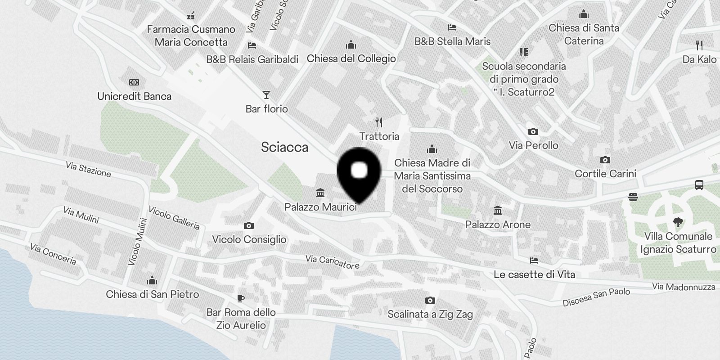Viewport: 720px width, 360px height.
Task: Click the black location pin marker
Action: tap(359, 174)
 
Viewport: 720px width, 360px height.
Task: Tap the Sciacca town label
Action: tap(284, 147)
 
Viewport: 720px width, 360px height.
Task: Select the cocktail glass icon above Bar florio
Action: tap(266, 95)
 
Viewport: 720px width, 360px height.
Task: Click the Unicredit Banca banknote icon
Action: tap(134, 82)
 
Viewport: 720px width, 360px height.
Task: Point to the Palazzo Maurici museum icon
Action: tap(320, 193)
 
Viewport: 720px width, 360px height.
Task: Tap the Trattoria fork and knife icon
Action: tap(379, 122)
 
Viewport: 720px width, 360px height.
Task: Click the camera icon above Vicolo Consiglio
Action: tap(248, 225)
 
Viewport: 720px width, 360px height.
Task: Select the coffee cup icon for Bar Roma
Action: tap(241, 298)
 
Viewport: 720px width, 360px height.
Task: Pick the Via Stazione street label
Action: tap(88, 169)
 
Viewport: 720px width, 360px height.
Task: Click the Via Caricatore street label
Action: tap(332, 261)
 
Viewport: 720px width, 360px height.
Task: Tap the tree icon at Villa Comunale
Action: tap(678, 222)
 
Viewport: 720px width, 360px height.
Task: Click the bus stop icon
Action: tap(699, 184)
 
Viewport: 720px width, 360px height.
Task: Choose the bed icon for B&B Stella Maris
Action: tap(452, 27)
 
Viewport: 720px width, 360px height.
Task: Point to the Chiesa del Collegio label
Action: tap(351, 58)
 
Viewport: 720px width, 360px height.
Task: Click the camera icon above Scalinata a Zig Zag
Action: tap(430, 300)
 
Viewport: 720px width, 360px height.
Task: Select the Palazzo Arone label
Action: tap(498, 224)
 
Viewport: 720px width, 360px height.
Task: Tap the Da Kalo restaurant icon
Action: tap(699, 45)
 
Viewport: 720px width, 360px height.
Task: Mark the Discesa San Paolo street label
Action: tap(596, 297)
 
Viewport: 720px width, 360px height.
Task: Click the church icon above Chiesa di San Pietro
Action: tap(152, 281)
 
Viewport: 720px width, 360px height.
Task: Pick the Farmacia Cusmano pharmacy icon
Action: tap(191, 16)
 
